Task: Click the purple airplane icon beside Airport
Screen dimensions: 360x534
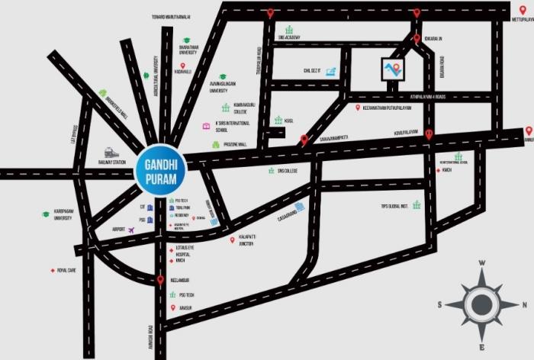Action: click(131, 230)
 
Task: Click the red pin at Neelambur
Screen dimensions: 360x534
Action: click(160, 281)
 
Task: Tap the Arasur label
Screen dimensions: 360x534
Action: click(186, 308)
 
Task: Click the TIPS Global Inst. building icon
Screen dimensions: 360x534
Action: click(417, 204)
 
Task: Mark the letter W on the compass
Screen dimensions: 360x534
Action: click(481, 263)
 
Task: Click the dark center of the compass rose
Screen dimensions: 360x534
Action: click(481, 305)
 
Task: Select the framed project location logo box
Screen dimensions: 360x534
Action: click(393, 69)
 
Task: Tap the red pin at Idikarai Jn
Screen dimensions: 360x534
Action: click(417, 38)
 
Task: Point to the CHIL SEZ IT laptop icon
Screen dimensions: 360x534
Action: click(330, 71)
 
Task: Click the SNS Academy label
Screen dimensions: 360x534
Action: click(289, 37)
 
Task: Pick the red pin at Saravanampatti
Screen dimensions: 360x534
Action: click(304, 139)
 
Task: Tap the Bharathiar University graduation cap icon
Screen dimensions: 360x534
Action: click(185, 41)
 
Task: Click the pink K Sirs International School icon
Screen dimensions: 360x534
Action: click(205, 125)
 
